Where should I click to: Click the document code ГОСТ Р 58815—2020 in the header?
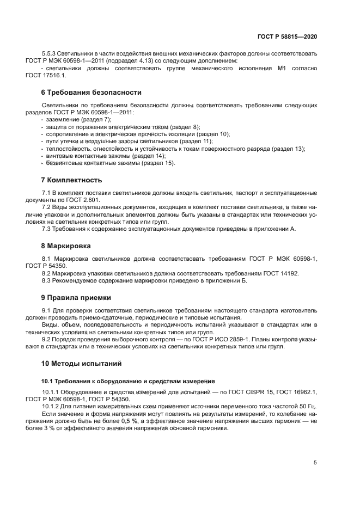click(x=287, y=38)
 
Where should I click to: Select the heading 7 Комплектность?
click(x=71, y=180)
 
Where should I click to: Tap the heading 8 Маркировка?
click(x=69, y=246)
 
